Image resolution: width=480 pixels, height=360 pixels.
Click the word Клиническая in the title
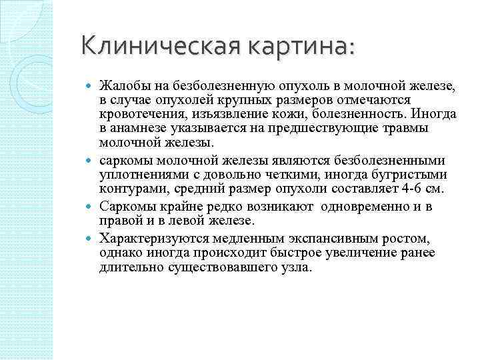click(159, 46)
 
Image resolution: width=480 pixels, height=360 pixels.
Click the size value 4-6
click(408, 189)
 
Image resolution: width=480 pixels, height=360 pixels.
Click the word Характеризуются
click(148, 237)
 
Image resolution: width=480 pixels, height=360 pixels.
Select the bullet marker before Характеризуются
click(91, 238)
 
